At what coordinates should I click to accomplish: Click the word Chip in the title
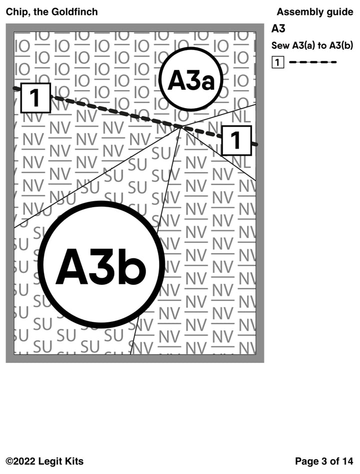click(x=15, y=12)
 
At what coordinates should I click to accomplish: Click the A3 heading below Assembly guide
click(x=278, y=29)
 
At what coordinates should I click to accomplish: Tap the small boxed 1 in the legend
click(x=278, y=63)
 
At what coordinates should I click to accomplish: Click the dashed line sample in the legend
click(x=313, y=63)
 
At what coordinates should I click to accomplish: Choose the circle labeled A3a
click(x=190, y=80)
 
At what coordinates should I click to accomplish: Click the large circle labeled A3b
click(x=101, y=265)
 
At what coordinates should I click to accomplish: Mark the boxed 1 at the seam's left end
click(x=35, y=98)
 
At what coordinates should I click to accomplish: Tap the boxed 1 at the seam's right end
click(x=236, y=140)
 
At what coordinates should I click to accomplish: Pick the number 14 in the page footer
click(x=347, y=461)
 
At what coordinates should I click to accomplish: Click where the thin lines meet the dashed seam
click(x=179, y=127)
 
